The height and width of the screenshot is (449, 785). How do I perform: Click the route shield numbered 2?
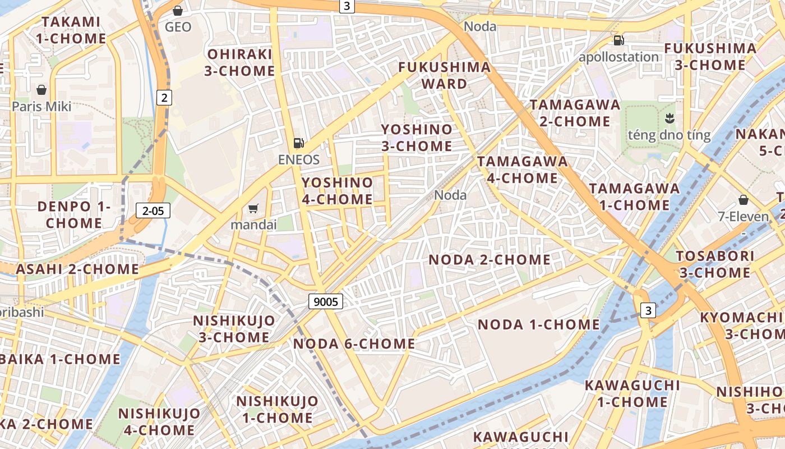(x=163, y=98)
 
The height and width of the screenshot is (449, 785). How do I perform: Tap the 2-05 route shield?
(x=153, y=211)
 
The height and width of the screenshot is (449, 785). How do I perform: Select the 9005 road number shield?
(x=326, y=302)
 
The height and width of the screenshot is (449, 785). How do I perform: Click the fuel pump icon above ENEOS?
(x=299, y=143)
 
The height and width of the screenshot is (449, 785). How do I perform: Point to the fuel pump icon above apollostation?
(x=618, y=40)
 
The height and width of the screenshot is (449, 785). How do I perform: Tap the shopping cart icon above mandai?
(x=253, y=209)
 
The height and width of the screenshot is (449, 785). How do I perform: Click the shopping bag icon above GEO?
(x=178, y=11)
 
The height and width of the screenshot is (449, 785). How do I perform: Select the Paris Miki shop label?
(x=41, y=106)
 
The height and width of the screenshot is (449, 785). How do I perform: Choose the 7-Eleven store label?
(x=744, y=217)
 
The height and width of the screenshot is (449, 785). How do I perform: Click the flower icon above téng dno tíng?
(x=668, y=118)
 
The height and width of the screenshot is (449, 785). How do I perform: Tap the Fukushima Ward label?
(x=444, y=76)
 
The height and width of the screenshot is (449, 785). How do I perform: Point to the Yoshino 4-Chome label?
(x=337, y=191)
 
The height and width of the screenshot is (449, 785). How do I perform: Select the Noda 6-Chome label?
(x=354, y=343)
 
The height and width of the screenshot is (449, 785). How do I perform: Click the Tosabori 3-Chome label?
(x=714, y=264)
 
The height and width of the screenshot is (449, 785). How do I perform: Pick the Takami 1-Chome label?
(x=71, y=30)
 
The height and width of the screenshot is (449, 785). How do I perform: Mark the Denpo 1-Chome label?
(x=74, y=215)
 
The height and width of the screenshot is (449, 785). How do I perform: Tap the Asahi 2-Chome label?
(x=77, y=269)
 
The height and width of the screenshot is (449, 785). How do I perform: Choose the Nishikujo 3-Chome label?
(x=234, y=329)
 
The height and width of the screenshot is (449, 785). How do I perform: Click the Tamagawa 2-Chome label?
(x=575, y=113)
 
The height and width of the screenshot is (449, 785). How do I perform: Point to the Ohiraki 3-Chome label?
(x=239, y=62)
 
